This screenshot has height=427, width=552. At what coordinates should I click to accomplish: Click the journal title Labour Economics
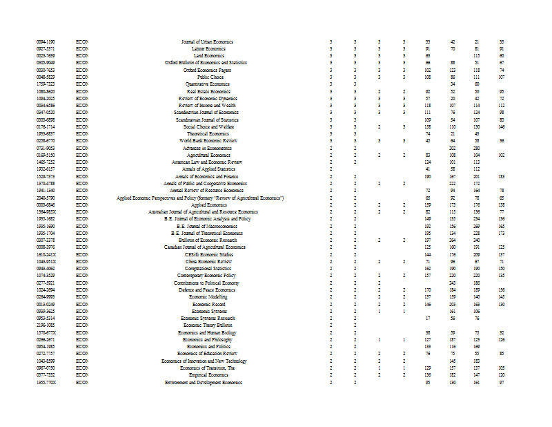(x=208, y=49)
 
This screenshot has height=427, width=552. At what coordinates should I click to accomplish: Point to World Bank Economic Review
(x=208, y=140)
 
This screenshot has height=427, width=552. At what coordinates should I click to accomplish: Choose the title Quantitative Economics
(x=208, y=84)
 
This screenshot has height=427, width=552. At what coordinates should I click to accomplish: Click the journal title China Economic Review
(x=208, y=262)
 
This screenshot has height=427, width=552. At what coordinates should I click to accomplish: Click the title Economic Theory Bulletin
(x=208, y=325)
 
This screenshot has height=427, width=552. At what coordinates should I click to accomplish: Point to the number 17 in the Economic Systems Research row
(x=428, y=318)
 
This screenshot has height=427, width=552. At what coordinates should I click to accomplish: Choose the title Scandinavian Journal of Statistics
(x=207, y=120)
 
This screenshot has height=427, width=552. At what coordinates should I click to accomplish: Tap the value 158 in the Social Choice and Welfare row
(x=428, y=126)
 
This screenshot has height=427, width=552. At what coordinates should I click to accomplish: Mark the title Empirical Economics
(x=208, y=374)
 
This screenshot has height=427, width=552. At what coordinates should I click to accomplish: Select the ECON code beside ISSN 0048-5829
(x=82, y=77)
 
